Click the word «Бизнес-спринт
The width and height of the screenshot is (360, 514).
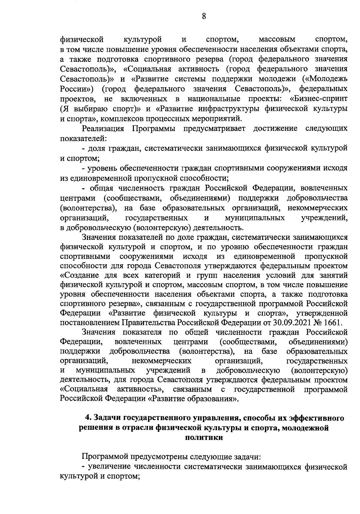point(319,99)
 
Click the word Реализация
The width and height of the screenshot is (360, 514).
point(103,128)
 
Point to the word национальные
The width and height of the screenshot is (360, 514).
point(214,99)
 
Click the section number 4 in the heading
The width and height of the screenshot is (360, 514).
point(88,418)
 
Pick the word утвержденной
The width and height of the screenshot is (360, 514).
point(322,313)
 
